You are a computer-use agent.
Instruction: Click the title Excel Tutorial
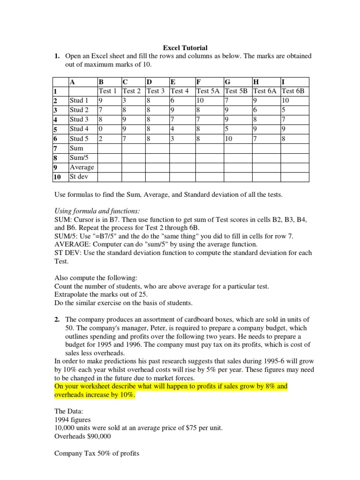point(185,47)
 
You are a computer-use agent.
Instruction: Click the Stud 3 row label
point(79,119)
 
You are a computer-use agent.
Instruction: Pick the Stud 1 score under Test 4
point(173,100)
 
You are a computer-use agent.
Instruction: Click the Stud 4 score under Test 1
point(100,129)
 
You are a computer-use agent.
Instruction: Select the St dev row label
point(79,177)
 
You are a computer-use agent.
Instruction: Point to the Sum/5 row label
point(79,157)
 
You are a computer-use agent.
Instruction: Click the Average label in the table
point(82,167)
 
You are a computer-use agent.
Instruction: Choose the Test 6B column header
point(293,91)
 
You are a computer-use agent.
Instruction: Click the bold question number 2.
point(57,319)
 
